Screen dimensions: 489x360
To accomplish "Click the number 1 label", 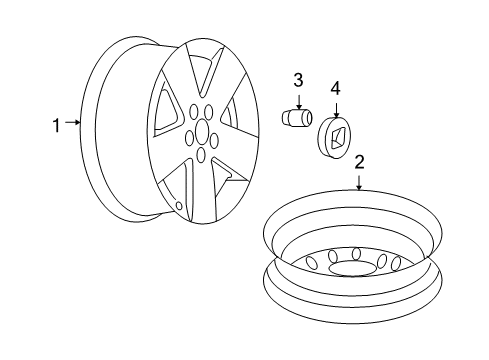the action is click(x=57, y=125).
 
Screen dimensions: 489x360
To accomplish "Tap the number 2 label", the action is click(x=359, y=161).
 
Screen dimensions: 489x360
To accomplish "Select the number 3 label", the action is click(x=298, y=81).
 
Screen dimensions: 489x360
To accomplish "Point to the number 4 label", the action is click(x=336, y=89).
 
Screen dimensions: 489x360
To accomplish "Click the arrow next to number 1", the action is click(x=72, y=125).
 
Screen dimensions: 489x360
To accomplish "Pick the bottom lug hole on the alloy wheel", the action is click(x=201, y=156).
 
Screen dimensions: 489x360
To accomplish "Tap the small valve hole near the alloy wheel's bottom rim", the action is click(x=179, y=206).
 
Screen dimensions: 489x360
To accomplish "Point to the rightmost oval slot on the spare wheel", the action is click(x=396, y=263).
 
